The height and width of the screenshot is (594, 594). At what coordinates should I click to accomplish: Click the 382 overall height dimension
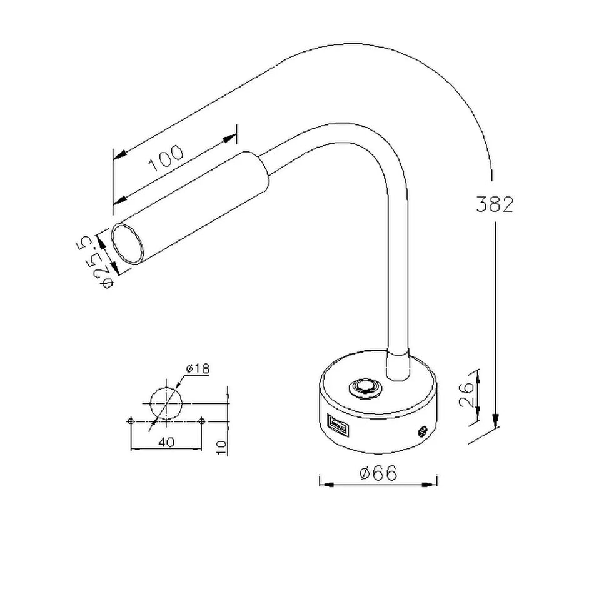click(494, 204)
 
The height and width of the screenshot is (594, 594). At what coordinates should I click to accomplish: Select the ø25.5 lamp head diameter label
click(101, 262)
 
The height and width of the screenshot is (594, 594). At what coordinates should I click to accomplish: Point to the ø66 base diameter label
click(378, 473)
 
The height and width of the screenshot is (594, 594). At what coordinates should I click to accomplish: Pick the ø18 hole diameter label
click(197, 368)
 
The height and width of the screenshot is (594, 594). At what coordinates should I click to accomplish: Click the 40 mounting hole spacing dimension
click(165, 442)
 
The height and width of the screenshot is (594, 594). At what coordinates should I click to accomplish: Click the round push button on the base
click(363, 388)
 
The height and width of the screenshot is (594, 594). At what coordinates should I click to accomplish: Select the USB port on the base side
click(338, 427)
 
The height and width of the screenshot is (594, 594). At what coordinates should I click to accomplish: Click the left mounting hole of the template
click(129, 420)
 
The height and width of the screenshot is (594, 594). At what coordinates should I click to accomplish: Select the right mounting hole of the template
click(201, 420)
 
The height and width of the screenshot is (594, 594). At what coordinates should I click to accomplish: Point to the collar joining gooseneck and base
click(396, 366)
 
